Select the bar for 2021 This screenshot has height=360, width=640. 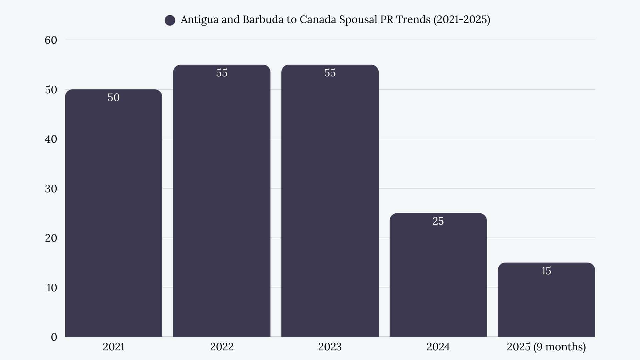[x=113, y=213]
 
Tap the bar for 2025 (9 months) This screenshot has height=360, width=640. [x=546, y=300]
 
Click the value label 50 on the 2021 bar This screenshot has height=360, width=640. [x=113, y=97]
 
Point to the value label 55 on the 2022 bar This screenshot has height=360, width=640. [x=222, y=73]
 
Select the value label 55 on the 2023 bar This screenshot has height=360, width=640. [x=330, y=73]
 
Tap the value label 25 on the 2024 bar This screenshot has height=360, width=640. [x=438, y=221]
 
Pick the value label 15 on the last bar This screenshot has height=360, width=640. [x=546, y=271]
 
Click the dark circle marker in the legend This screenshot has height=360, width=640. [x=170, y=20]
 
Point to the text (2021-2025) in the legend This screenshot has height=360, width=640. [x=462, y=20]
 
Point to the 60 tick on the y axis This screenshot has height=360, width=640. [x=51, y=40]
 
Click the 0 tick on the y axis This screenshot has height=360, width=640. [x=54, y=337]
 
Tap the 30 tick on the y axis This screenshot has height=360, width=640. [x=51, y=189]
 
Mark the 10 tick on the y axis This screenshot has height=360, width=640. [x=52, y=288]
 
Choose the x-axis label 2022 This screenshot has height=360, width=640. [x=222, y=347]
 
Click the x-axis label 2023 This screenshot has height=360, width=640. [x=330, y=347]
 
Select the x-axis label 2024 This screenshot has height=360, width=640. [x=438, y=347]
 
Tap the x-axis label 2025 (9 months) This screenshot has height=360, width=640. [x=546, y=347]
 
